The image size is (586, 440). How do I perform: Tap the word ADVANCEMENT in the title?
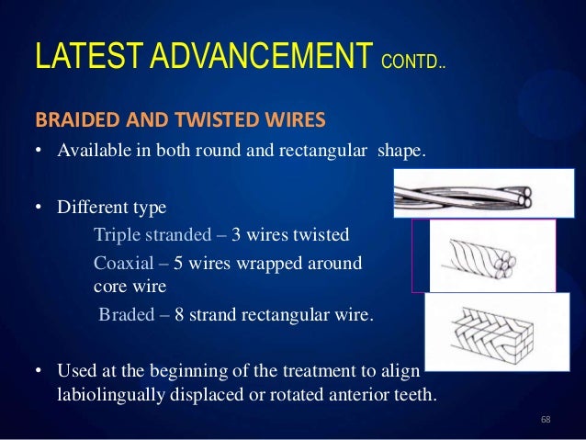[x=258, y=60]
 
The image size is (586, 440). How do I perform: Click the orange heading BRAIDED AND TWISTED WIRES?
[x=180, y=120]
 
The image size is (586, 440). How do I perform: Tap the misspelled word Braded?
[x=127, y=316]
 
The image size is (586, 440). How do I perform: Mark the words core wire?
[x=130, y=286]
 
